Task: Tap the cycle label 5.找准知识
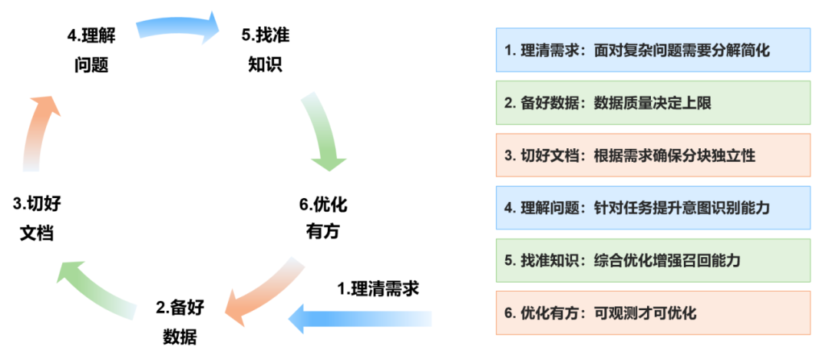pos(265,49)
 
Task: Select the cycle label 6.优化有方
pos(322,217)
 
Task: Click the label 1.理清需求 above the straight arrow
pos(378,289)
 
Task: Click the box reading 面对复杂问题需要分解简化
pos(652,51)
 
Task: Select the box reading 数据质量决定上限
pos(652,103)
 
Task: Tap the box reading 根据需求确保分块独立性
pos(652,155)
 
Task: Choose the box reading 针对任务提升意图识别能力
pos(652,207)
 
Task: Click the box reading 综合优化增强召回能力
pos(652,260)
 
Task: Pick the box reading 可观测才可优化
pos(652,312)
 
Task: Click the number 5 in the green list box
pos(509,260)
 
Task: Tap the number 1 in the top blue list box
pos(509,51)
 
